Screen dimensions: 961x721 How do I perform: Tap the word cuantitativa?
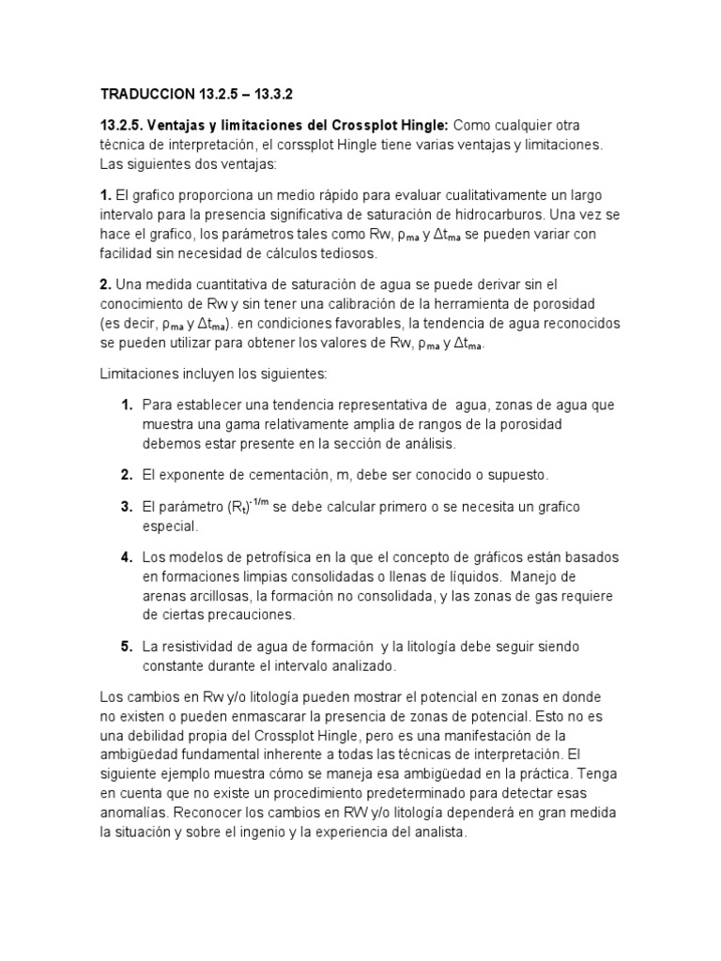pos(215,284)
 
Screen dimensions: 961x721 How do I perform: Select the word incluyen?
pos(205,374)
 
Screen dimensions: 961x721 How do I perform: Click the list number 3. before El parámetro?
pos(126,507)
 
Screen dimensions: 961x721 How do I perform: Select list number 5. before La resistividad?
pos(126,647)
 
